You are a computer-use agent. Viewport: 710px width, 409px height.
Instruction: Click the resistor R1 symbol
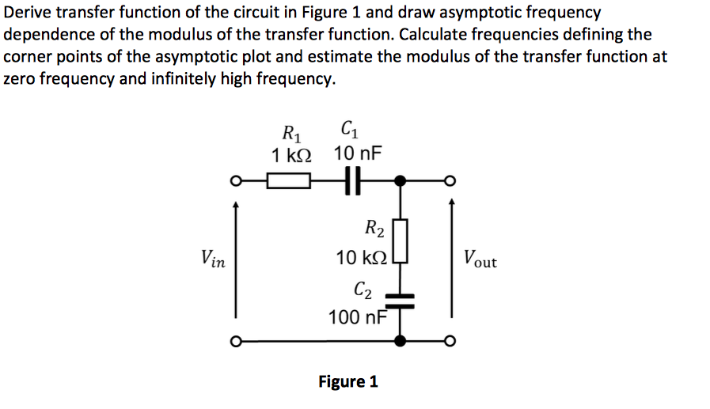(287, 181)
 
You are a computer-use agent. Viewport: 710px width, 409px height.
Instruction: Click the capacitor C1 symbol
(352, 181)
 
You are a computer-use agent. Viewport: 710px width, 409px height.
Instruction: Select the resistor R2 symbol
(401, 242)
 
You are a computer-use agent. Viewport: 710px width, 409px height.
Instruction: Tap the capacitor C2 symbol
(401, 299)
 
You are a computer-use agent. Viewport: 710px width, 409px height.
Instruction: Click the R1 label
(290, 131)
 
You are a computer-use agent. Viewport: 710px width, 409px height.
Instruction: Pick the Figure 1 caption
(347, 381)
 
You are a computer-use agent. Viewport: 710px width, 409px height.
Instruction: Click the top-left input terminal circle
(235, 181)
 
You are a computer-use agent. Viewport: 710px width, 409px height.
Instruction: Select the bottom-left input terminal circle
(235, 342)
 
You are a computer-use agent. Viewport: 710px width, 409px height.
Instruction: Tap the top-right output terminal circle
(451, 181)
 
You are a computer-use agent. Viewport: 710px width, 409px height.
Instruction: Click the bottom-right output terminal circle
(451, 342)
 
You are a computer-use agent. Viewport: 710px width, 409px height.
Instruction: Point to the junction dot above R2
(401, 181)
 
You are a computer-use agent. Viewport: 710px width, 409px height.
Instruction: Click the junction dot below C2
(401, 342)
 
